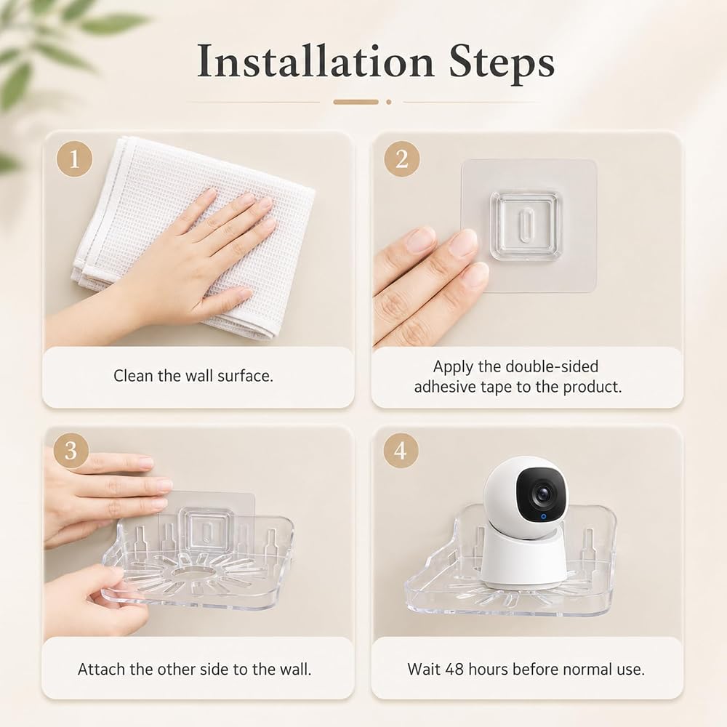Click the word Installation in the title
click(316, 61)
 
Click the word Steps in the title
click(502, 63)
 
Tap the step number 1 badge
click(74, 159)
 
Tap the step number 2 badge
click(401, 159)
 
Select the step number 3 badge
click(71, 450)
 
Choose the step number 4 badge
click(401, 450)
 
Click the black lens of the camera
click(542, 494)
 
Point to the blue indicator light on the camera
click(543, 516)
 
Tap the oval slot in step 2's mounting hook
click(525, 225)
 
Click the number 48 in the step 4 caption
click(454, 669)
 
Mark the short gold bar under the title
click(356, 102)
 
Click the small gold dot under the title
click(388, 102)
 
